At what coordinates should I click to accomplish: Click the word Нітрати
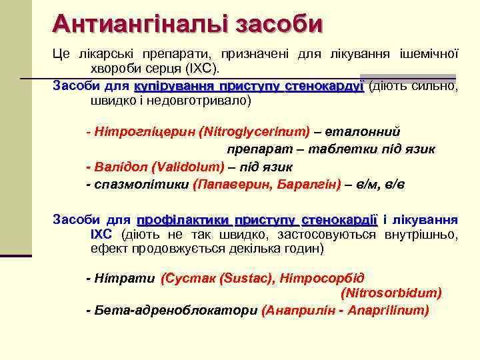pos(124,278)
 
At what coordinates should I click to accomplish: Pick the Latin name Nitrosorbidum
pos(391,293)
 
